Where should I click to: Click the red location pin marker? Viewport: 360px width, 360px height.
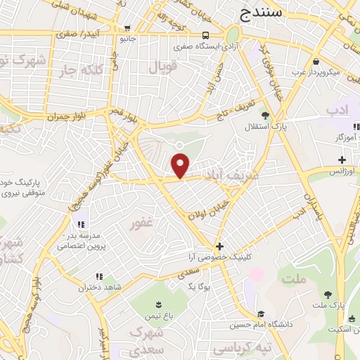[181, 167]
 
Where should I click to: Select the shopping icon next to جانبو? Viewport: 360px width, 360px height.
[127, 29]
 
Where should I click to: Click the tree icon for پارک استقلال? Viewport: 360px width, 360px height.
[264, 115]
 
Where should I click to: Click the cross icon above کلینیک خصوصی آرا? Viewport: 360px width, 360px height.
[220, 247]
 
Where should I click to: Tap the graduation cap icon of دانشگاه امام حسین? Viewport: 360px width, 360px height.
[261, 314]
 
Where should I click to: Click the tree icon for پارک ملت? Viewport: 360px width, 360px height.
[328, 295]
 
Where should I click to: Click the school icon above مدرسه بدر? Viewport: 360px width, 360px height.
[79, 214]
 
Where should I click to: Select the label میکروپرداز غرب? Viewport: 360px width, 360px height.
[314, 72]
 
